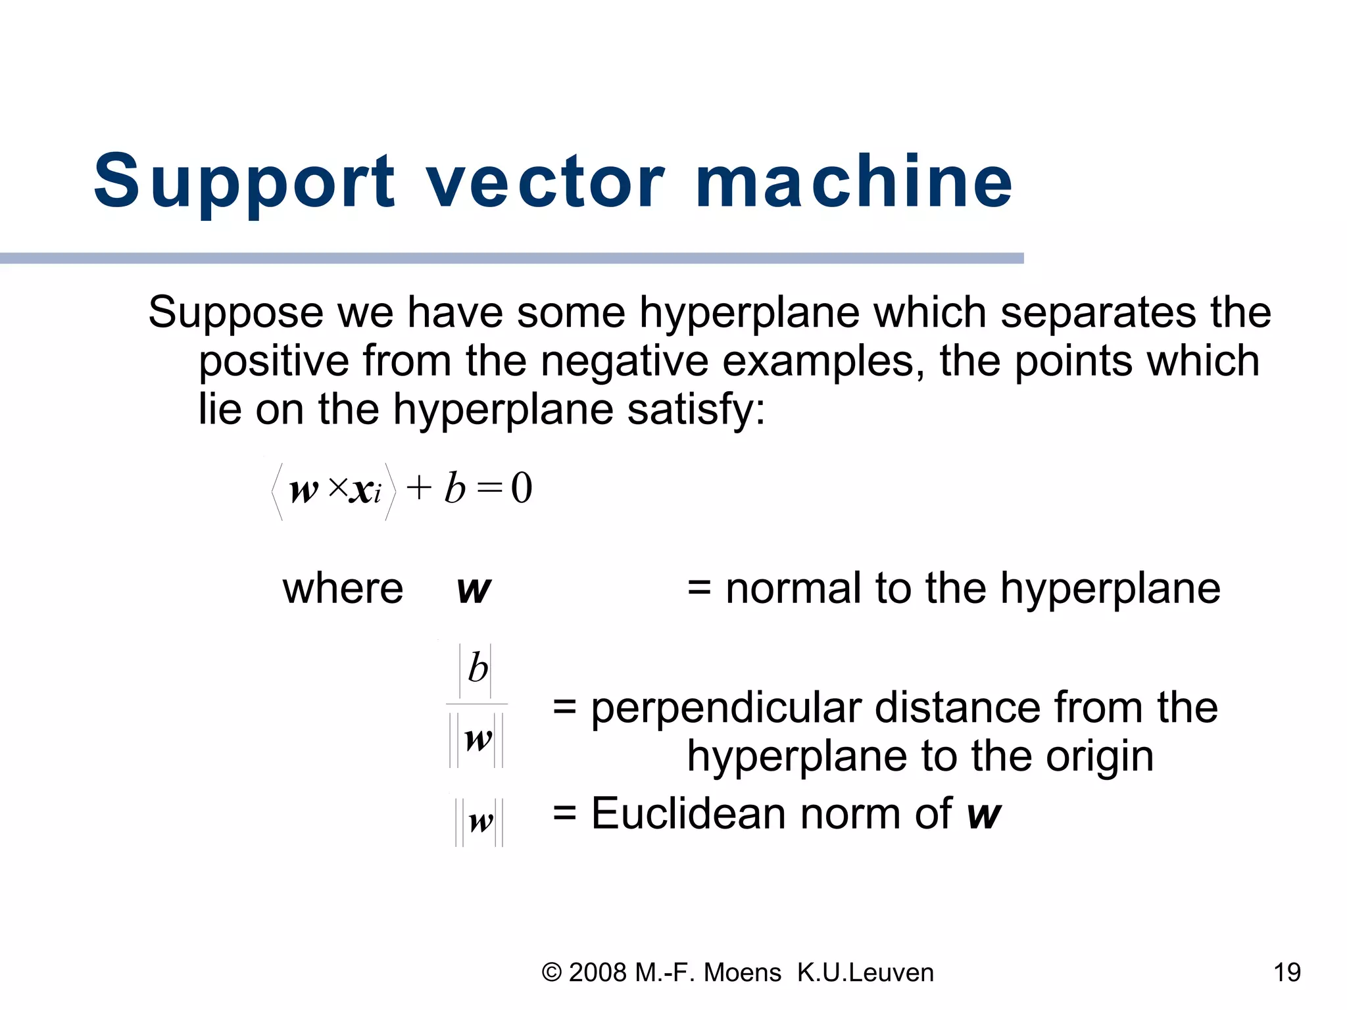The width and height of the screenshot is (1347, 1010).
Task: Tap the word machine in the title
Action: [854, 180]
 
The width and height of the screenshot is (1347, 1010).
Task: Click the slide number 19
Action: [1286, 973]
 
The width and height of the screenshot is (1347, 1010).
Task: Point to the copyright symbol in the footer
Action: [551, 973]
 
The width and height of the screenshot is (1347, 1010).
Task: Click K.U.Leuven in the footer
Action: [865, 973]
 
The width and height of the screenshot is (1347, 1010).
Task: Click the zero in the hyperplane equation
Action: [522, 489]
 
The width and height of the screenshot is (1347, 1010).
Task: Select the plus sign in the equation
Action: [419, 489]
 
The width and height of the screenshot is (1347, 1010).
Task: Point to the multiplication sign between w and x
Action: [338, 487]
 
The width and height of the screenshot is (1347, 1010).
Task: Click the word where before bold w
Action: [343, 589]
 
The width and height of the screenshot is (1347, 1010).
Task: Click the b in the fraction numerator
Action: [478, 669]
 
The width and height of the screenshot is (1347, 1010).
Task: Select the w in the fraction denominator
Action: [478, 740]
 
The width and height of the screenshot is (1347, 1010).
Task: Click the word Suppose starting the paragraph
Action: [235, 314]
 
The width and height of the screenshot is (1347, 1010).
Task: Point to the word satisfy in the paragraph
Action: [696, 410]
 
